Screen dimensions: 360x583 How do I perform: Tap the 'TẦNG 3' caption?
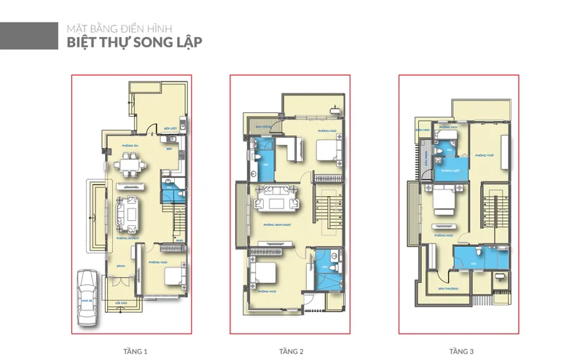click(x=458, y=351)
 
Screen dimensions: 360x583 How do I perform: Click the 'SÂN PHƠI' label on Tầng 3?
click(x=426, y=155)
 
